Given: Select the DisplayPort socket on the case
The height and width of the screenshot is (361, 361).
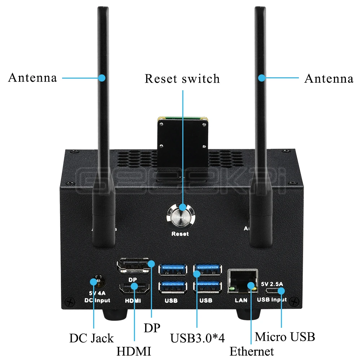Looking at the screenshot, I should (x=133, y=267).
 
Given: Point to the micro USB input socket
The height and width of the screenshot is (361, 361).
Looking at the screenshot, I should (x=273, y=291).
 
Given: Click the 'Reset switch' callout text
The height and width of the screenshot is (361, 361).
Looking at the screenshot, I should (x=182, y=79).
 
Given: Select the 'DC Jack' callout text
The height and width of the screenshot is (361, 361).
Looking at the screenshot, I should (x=91, y=338).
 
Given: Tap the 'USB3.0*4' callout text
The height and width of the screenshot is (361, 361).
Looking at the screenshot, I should (x=197, y=338).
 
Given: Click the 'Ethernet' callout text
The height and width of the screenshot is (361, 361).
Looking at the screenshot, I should (x=252, y=351).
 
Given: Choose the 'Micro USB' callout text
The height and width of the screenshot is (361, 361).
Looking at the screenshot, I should (x=285, y=337).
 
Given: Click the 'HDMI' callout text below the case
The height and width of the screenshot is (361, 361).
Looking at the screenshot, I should (x=134, y=351).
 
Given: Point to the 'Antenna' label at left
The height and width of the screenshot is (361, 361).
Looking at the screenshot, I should (x=32, y=78).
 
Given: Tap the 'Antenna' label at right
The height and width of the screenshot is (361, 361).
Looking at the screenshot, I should (x=329, y=78).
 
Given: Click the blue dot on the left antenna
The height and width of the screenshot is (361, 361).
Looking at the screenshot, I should (x=102, y=77).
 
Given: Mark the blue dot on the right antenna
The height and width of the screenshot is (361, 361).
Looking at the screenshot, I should (x=261, y=78).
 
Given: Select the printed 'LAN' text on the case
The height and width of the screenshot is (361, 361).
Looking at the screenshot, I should (x=241, y=300).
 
